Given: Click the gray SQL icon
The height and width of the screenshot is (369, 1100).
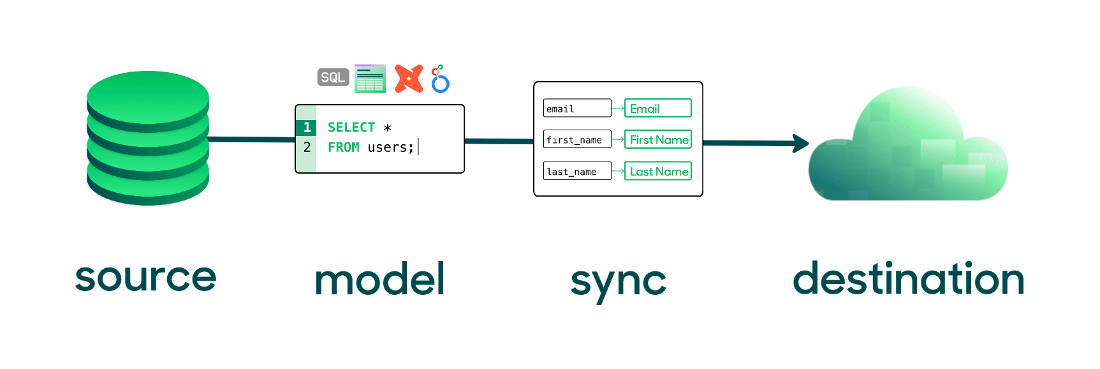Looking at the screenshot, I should (333, 77).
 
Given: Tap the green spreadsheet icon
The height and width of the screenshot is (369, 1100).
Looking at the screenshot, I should (370, 79).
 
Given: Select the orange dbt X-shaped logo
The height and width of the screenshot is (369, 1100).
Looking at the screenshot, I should (409, 79).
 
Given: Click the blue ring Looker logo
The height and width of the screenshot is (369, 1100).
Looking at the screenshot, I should (440, 80).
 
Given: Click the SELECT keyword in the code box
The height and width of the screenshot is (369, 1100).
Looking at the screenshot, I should (351, 127).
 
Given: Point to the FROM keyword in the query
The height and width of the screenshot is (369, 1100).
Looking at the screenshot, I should (343, 147).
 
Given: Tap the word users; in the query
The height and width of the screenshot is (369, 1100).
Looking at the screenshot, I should (390, 147).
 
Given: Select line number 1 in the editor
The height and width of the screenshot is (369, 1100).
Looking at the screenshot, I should (307, 127).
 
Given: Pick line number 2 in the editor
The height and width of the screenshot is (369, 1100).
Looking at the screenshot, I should (307, 147).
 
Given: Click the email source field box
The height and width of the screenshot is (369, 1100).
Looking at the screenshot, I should (577, 108).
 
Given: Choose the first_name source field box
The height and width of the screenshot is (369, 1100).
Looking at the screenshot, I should (577, 139).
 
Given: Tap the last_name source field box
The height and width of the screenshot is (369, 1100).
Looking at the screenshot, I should (577, 171).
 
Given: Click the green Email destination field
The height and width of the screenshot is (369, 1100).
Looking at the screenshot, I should (657, 108).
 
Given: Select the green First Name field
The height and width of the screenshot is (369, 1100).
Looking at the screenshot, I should (657, 139).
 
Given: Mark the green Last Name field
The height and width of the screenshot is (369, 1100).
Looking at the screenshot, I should (657, 171).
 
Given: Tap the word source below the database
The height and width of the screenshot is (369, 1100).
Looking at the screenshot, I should (146, 277).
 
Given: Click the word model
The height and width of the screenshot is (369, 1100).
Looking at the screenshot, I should (380, 280).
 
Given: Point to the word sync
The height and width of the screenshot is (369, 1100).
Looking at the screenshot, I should (618, 282).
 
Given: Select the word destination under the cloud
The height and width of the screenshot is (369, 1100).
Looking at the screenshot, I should (908, 279).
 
